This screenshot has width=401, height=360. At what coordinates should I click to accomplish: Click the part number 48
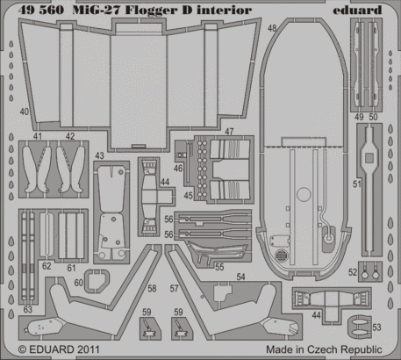pos(272,29)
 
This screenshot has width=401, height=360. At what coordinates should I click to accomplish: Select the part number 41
pos(37,137)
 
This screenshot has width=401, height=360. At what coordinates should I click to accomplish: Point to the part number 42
pos(69,137)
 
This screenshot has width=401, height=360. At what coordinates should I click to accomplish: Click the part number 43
pos(100,155)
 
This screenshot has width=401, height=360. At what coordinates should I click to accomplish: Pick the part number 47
pos(229,131)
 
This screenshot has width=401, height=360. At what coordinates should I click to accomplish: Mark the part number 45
pos(189,194)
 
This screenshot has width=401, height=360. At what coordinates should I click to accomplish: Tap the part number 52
pos(352,271)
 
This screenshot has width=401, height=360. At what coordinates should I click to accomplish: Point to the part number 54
pos(240,277)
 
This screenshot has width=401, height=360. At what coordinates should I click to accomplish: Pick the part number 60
pos(78,283)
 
